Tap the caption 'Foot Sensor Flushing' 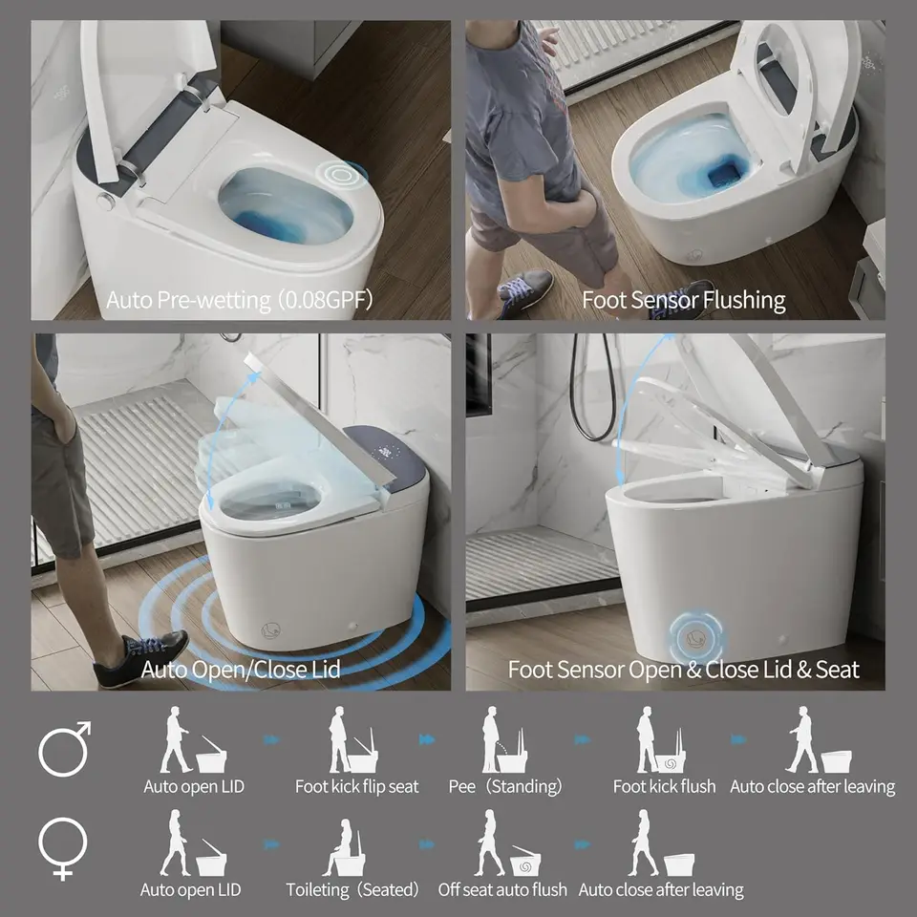tap(684, 300)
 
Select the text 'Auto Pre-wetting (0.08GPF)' tap(239, 300)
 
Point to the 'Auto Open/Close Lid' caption tap(241, 669)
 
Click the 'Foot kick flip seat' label tap(356, 786)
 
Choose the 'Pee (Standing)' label tap(504, 786)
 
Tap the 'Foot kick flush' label tap(665, 786)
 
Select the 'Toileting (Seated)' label tap(352, 890)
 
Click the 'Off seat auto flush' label tap(502, 890)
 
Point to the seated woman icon tap(342, 845)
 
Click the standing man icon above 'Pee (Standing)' tap(491, 739)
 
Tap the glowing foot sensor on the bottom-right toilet tap(695, 637)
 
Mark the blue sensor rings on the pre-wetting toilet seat tap(341, 174)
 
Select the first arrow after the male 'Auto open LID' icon tap(270, 740)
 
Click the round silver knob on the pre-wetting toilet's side tap(105, 201)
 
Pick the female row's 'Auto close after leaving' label tap(661, 890)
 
